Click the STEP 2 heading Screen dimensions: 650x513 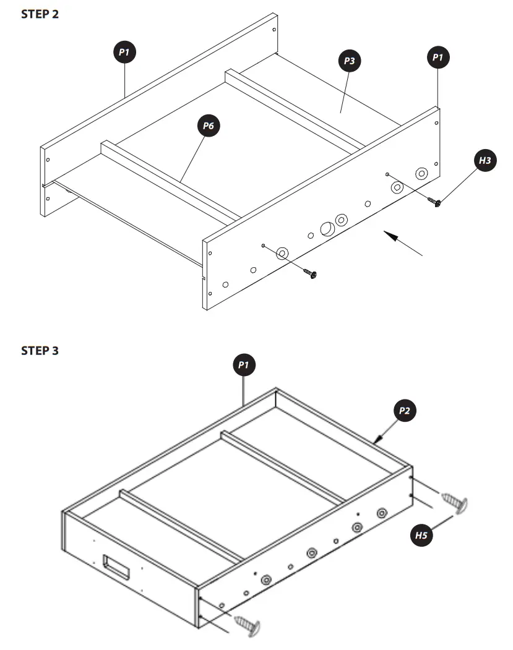(40, 14)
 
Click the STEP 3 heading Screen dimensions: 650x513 (40, 351)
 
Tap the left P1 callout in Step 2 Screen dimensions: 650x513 (124, 53)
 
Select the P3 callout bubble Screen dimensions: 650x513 (349, 61)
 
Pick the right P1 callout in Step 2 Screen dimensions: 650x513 (438, 58)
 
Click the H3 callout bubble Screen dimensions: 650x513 (485, 161)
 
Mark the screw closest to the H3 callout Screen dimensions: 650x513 (436, 202)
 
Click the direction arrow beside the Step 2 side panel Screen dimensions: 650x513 (402, 242)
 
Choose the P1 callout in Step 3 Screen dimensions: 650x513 (244, 366)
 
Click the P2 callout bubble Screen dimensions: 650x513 (405, 410)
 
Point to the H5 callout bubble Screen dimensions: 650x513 (421, 536)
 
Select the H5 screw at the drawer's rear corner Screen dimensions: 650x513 (455, 502)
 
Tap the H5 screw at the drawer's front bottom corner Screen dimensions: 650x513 (248, 626)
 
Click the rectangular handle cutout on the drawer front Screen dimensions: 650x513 (116, 567)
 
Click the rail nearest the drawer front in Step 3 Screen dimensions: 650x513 (179, 525)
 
